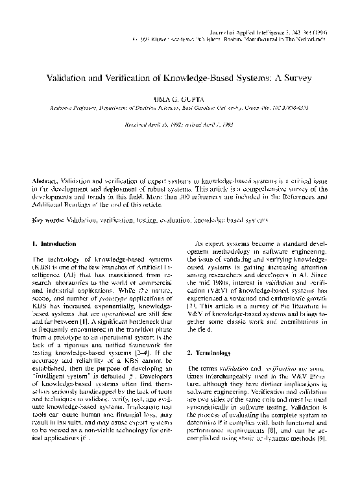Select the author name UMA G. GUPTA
[180, 101]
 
